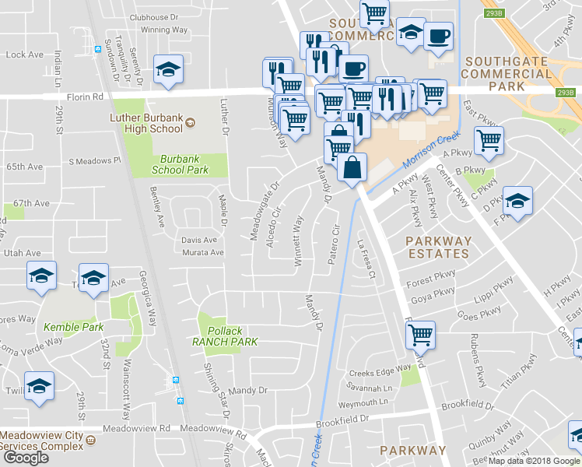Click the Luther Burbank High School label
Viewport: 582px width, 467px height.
145,124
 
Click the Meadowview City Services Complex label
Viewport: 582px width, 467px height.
42,441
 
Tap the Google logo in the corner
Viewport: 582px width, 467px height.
26,457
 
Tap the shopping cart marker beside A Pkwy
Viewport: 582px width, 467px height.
489,141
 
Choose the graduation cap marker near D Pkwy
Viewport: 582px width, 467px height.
517,202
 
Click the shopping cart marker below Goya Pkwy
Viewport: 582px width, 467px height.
420,335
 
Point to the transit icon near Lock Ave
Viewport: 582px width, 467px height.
97,49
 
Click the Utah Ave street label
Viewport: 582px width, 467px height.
22,254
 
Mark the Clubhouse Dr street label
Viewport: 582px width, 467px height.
154,16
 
